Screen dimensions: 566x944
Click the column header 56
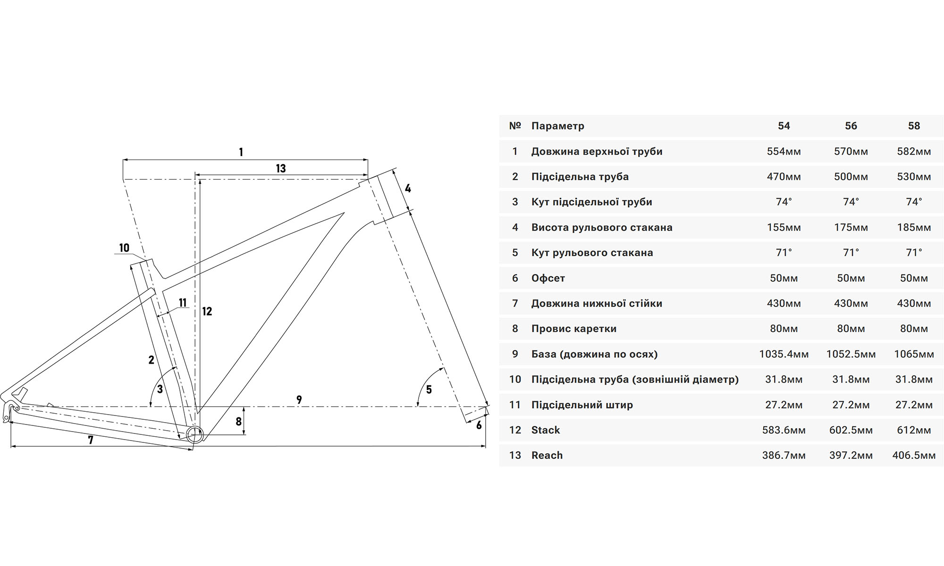tap(851, 126)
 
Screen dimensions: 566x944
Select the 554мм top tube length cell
tap(784, 151)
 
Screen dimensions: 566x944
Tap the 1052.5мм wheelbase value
tap(851, 354)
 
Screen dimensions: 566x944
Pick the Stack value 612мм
tap(914, 430)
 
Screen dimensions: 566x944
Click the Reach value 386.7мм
tap(784, 456)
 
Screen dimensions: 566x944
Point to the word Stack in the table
tap(545, 430)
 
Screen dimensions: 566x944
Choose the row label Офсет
tap(548, 278)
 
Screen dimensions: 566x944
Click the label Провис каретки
tap(573, 329)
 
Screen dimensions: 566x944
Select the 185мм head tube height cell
tap(914, 227)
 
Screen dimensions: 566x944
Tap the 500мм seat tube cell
tap(851, 177)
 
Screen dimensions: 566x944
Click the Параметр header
tap(557, 126)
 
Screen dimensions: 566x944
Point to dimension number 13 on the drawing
tap(281, 168)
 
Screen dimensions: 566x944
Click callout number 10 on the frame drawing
tap(124, 248)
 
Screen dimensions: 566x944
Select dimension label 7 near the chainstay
tap(91, 440)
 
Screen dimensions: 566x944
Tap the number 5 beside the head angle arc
tap(429, 390)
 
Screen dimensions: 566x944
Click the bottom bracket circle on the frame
tap(194, 434)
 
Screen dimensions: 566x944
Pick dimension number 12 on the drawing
tap(207, 311)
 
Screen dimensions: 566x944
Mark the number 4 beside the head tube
tap(408, 189)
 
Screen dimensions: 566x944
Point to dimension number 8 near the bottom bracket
tap(239, 421)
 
